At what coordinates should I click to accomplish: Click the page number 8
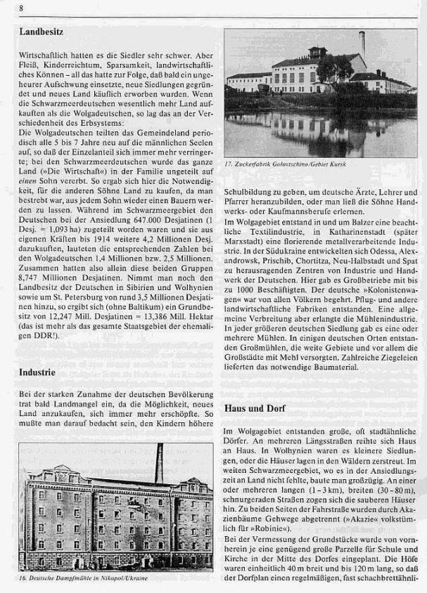point(23,8)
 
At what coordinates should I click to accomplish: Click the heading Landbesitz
point(44,32)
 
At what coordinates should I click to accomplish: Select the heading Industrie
point(38,372)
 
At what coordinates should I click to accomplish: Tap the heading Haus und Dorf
point(255,408)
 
